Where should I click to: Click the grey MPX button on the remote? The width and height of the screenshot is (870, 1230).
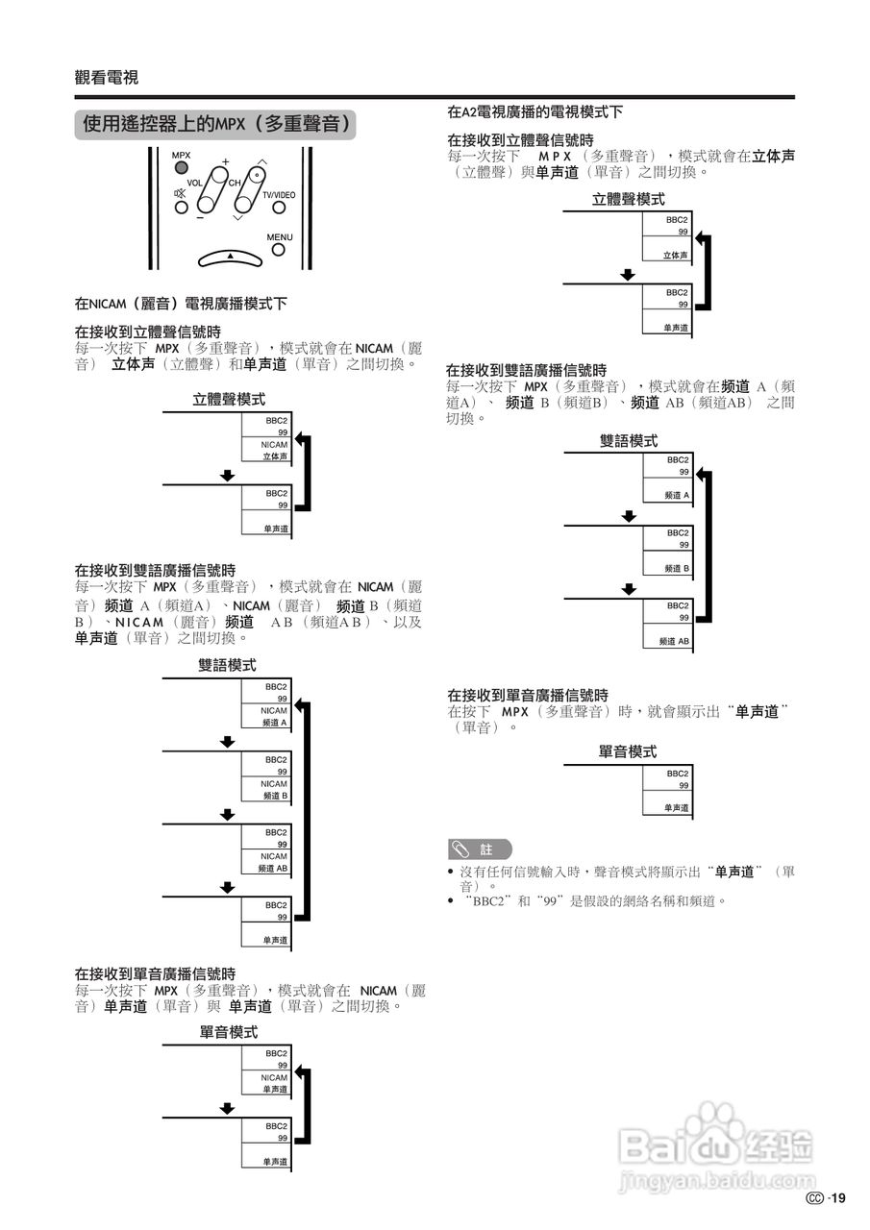[181, 168]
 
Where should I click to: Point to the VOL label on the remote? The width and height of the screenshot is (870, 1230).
[194, 182]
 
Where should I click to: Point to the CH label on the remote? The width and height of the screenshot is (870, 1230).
[235, 182]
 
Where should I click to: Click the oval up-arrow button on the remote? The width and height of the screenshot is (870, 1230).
[230, 257]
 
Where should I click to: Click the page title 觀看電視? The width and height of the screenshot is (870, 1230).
[106, 78]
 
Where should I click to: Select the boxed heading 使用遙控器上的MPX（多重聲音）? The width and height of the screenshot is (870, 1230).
[215, 125]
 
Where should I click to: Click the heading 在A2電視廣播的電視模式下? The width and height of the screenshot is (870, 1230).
[534, 112]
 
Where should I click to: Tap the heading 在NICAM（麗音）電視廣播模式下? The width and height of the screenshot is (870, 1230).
[181, 304]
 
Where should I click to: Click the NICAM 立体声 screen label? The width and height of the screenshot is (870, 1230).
[275, 451]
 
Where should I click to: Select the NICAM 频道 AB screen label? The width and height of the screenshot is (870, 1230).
[273, 862]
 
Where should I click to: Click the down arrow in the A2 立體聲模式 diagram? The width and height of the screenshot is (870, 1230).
[628, 274]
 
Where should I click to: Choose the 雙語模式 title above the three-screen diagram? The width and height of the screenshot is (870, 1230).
[629, 441]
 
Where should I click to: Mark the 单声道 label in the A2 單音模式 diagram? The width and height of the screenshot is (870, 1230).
[678, 808]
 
